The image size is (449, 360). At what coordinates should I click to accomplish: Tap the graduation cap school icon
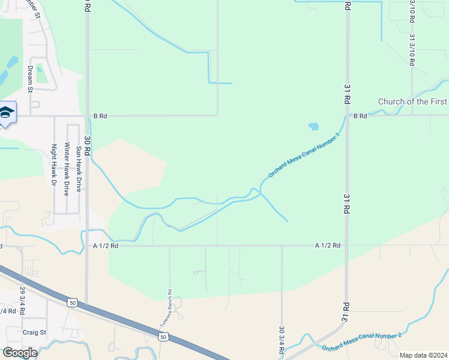[x=6, y=113]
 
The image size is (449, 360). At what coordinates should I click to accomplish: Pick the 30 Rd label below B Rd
[x=87, y=146]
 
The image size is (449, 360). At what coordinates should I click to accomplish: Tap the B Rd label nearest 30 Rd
[x=100, y=116]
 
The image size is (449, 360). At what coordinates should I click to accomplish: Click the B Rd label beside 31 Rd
[x=360, y=116]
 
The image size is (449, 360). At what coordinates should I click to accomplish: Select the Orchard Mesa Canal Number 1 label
[x=304, y=155]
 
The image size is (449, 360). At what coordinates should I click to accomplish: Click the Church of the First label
[x=412, y=102]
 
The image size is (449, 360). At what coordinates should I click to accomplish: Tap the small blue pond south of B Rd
[x=313, y=127]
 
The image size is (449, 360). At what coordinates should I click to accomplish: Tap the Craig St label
[x=34, y=332]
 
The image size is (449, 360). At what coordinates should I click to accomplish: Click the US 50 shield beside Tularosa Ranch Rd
[x=163, y=338]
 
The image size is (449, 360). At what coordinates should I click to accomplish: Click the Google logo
[x=19, y=353]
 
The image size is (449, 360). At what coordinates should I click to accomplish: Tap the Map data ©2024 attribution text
[x=423, y=355]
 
